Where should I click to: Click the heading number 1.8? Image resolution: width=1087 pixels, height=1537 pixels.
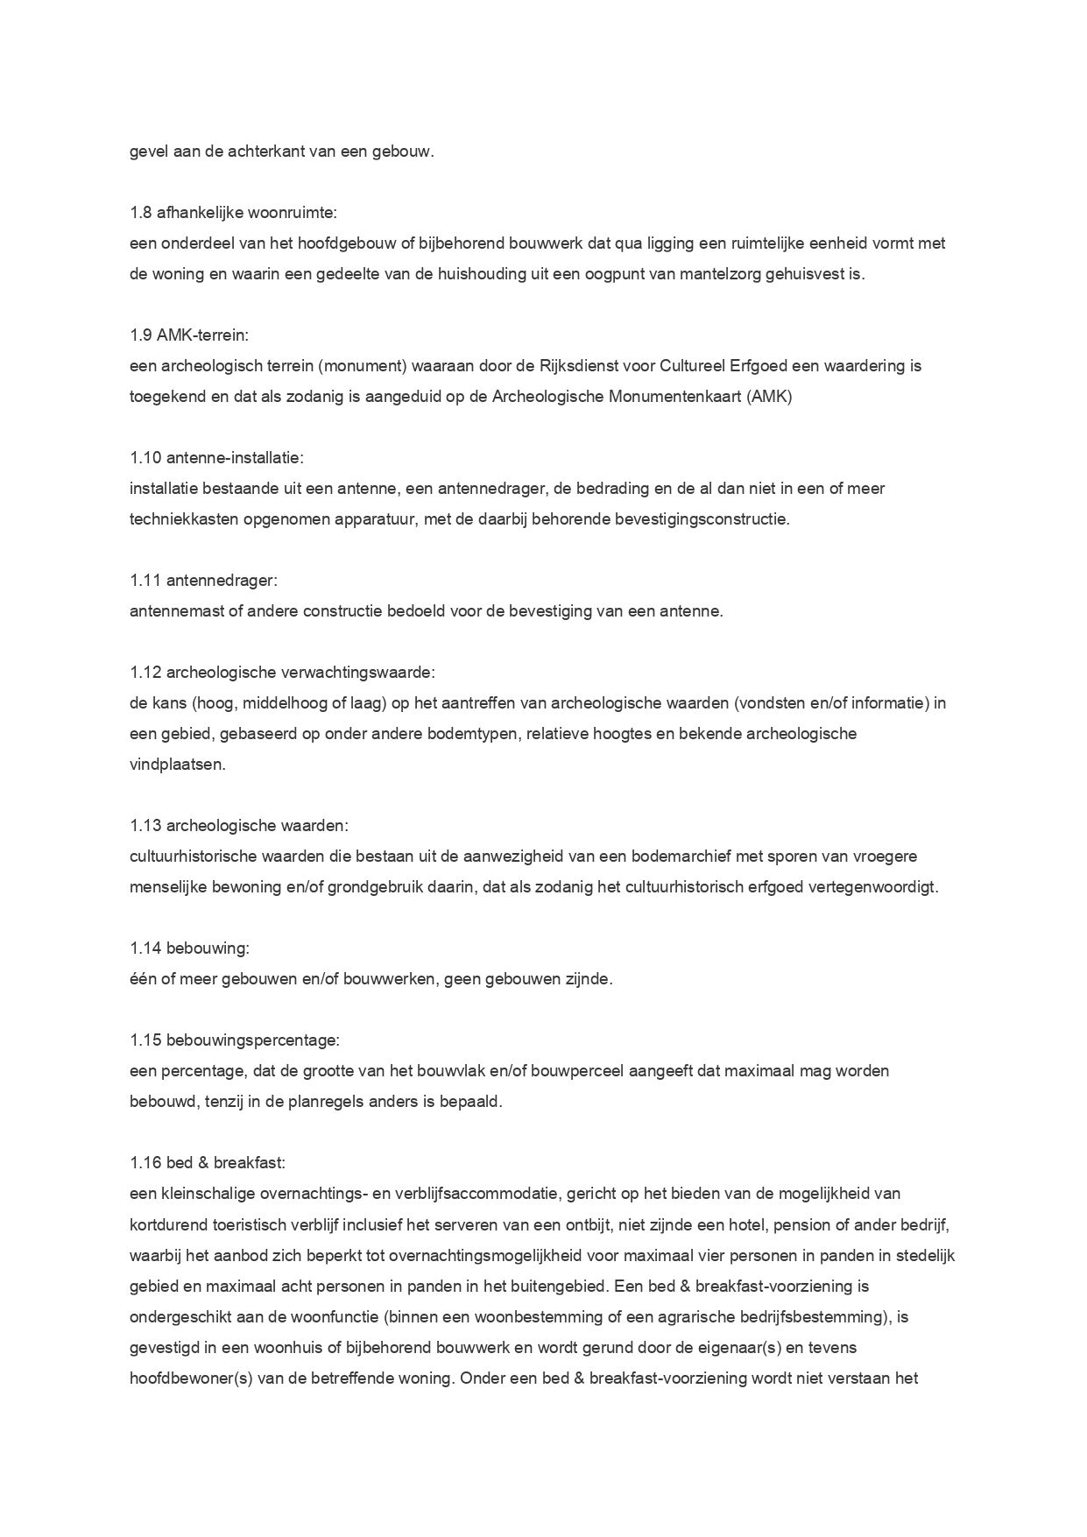coord(140,213)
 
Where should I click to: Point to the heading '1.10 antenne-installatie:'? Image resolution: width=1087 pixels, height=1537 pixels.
coord(216,457)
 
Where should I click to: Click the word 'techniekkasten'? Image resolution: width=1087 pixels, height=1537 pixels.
coord(178,518)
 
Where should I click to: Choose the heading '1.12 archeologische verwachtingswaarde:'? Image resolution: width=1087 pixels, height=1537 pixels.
coord(282,672)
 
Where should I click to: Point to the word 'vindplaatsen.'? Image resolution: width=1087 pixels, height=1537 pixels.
coord(166,764)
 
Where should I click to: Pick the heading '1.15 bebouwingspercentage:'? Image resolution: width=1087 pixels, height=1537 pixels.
coord(234,1040)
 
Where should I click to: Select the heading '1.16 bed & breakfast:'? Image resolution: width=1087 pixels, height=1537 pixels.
coord(207,1162)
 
